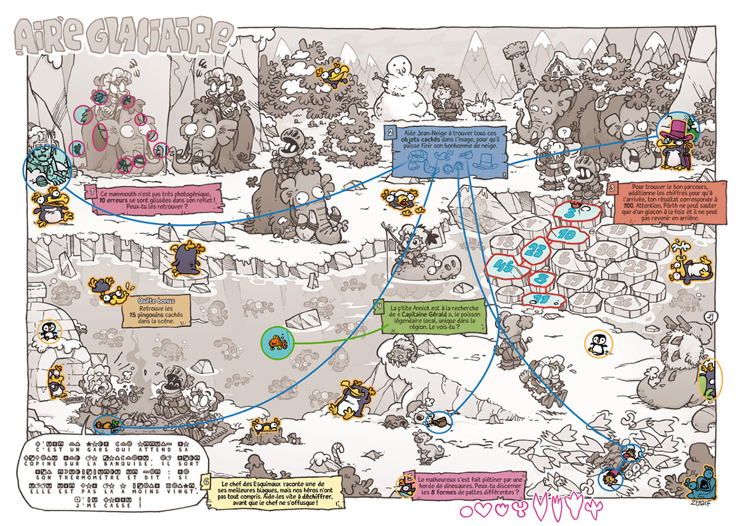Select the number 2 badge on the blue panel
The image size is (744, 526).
click(x=390, y=132)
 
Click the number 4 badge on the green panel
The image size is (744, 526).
click(x=378, y=306)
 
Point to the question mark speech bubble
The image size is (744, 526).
click(x=564, y=131)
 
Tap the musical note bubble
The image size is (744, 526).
click(x=714, y=316)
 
